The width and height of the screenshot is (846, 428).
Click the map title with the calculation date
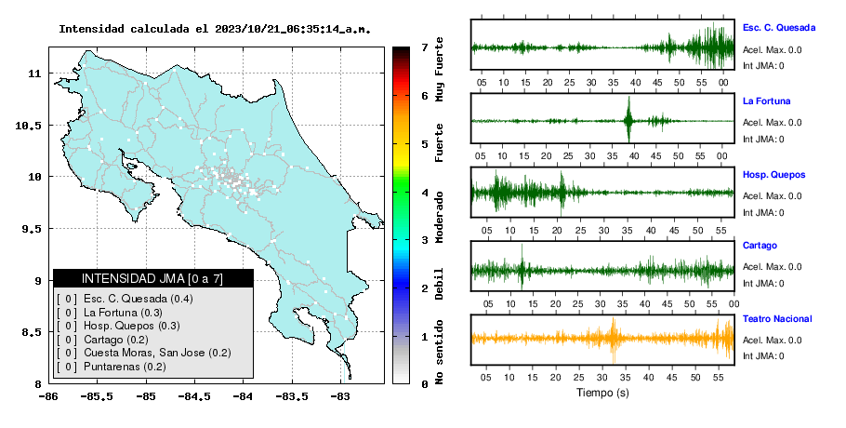(x=215, y=29)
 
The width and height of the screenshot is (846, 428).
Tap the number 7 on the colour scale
(x=425, y=47)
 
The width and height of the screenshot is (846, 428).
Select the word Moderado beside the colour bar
(x=440, y=217)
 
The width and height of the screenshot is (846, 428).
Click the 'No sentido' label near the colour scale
(x=440, y=352)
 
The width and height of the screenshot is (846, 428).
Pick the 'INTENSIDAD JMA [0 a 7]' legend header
(x=152, y=278)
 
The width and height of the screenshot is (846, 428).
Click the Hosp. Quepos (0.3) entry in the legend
(x=132, y=326)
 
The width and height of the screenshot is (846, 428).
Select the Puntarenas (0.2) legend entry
(x=125, y=367)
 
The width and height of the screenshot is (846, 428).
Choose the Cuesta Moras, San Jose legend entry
(x=144, y=353)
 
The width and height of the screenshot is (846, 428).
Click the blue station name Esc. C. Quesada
(x=778, y=28)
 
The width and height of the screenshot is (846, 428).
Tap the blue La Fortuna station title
(x=766, y=100)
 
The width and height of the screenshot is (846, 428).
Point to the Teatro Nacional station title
(x=777, y=319)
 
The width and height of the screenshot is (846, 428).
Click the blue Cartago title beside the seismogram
(x=760, y=246)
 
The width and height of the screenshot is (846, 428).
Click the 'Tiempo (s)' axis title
(x=602, y=393)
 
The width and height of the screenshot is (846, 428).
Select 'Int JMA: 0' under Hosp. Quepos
(x=763, y=213)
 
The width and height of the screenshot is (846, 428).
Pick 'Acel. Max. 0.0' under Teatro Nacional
(x=772, y=340)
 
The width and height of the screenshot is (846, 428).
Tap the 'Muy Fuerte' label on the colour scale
(x=440, y=69)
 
